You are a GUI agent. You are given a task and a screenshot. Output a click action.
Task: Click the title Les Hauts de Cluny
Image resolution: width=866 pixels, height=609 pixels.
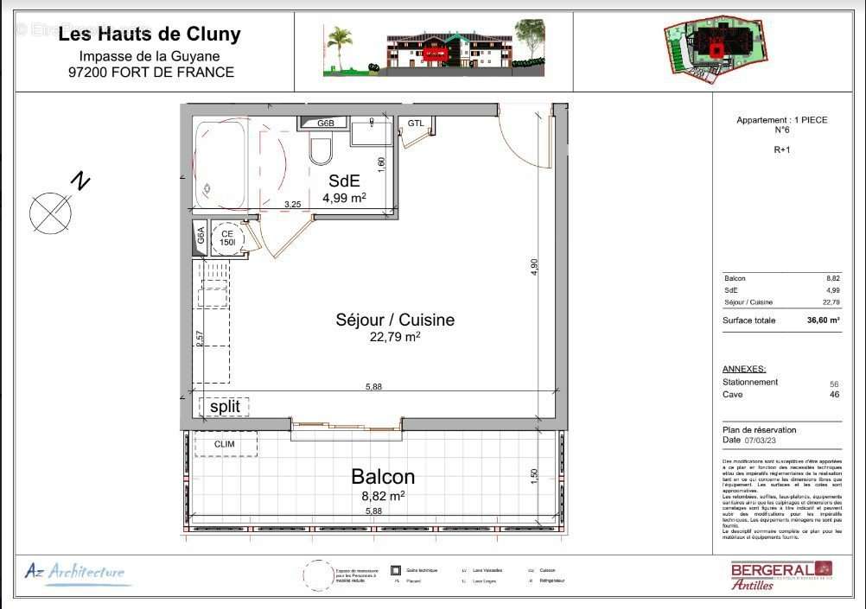150,35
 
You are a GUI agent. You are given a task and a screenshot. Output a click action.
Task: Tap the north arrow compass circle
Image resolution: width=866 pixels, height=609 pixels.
49,213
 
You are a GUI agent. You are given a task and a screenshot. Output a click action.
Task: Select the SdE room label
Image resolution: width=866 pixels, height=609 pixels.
344,181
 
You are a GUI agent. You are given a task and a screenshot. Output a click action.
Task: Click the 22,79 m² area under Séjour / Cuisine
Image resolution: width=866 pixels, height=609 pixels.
395,337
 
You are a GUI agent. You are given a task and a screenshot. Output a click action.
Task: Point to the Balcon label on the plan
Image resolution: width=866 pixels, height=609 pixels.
382,477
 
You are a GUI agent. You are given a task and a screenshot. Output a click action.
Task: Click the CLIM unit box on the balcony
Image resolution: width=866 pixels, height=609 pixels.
225,444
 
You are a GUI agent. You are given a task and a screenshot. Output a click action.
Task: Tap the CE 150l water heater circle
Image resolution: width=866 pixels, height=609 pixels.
228,238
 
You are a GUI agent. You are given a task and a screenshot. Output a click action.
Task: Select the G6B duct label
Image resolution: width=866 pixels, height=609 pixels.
325,124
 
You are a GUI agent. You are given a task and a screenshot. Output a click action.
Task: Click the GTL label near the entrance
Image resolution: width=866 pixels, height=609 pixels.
416,124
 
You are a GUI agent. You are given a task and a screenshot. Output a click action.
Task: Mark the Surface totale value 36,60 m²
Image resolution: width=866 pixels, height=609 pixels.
823,320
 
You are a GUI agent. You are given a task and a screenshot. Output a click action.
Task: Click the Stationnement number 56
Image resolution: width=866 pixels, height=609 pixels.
834,383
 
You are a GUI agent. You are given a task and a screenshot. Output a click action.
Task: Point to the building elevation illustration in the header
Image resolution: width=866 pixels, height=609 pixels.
433,51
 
